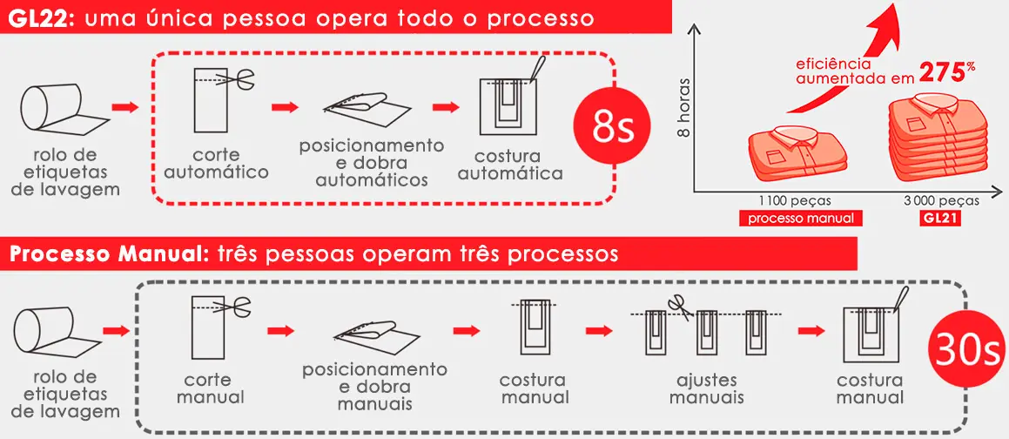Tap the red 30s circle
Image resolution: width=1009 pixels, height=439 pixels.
coord(965,349)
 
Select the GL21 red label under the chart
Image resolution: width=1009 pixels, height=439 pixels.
coord(941,219)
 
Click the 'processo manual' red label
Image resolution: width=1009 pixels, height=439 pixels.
coord(801,219)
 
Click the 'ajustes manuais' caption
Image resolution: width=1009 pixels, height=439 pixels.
coord(710,389)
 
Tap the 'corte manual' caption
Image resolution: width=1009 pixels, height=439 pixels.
coord(209,389)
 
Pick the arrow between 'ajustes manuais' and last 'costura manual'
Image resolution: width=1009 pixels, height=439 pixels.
coord(811,331)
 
